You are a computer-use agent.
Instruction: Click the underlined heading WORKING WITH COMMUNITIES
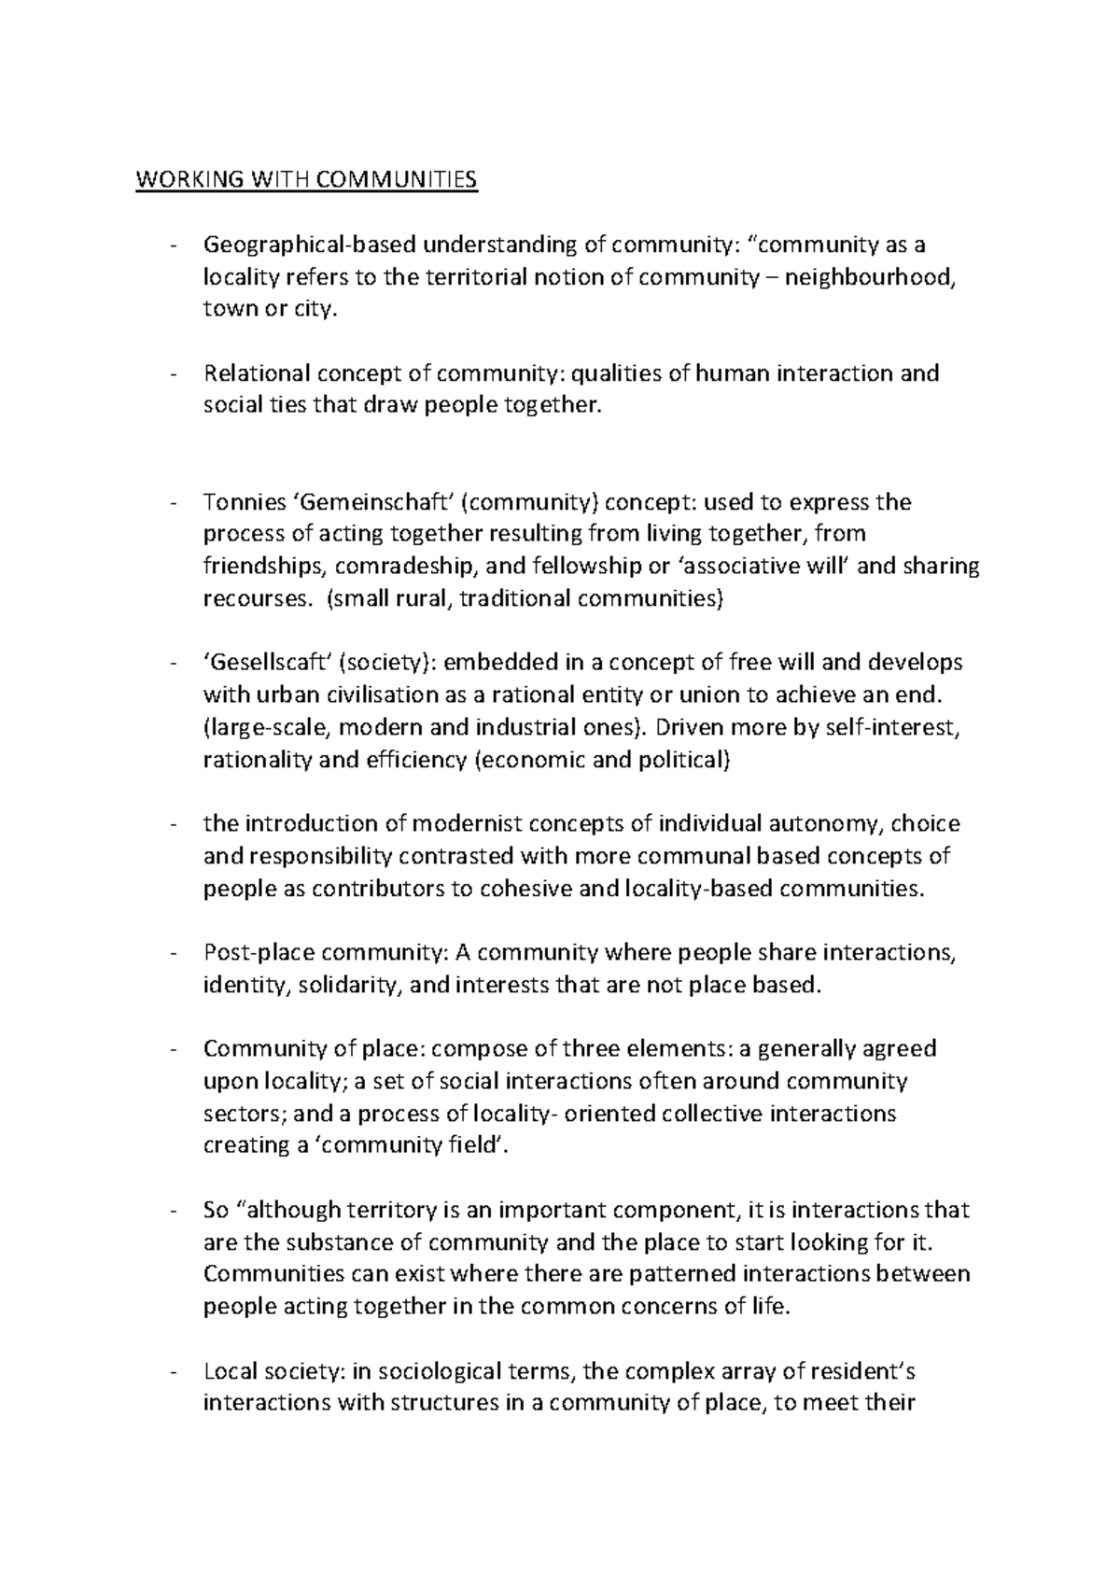[306, 180]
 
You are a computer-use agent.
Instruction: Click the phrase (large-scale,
[261, 727]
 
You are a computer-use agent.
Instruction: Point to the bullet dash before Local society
[175, 1372]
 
